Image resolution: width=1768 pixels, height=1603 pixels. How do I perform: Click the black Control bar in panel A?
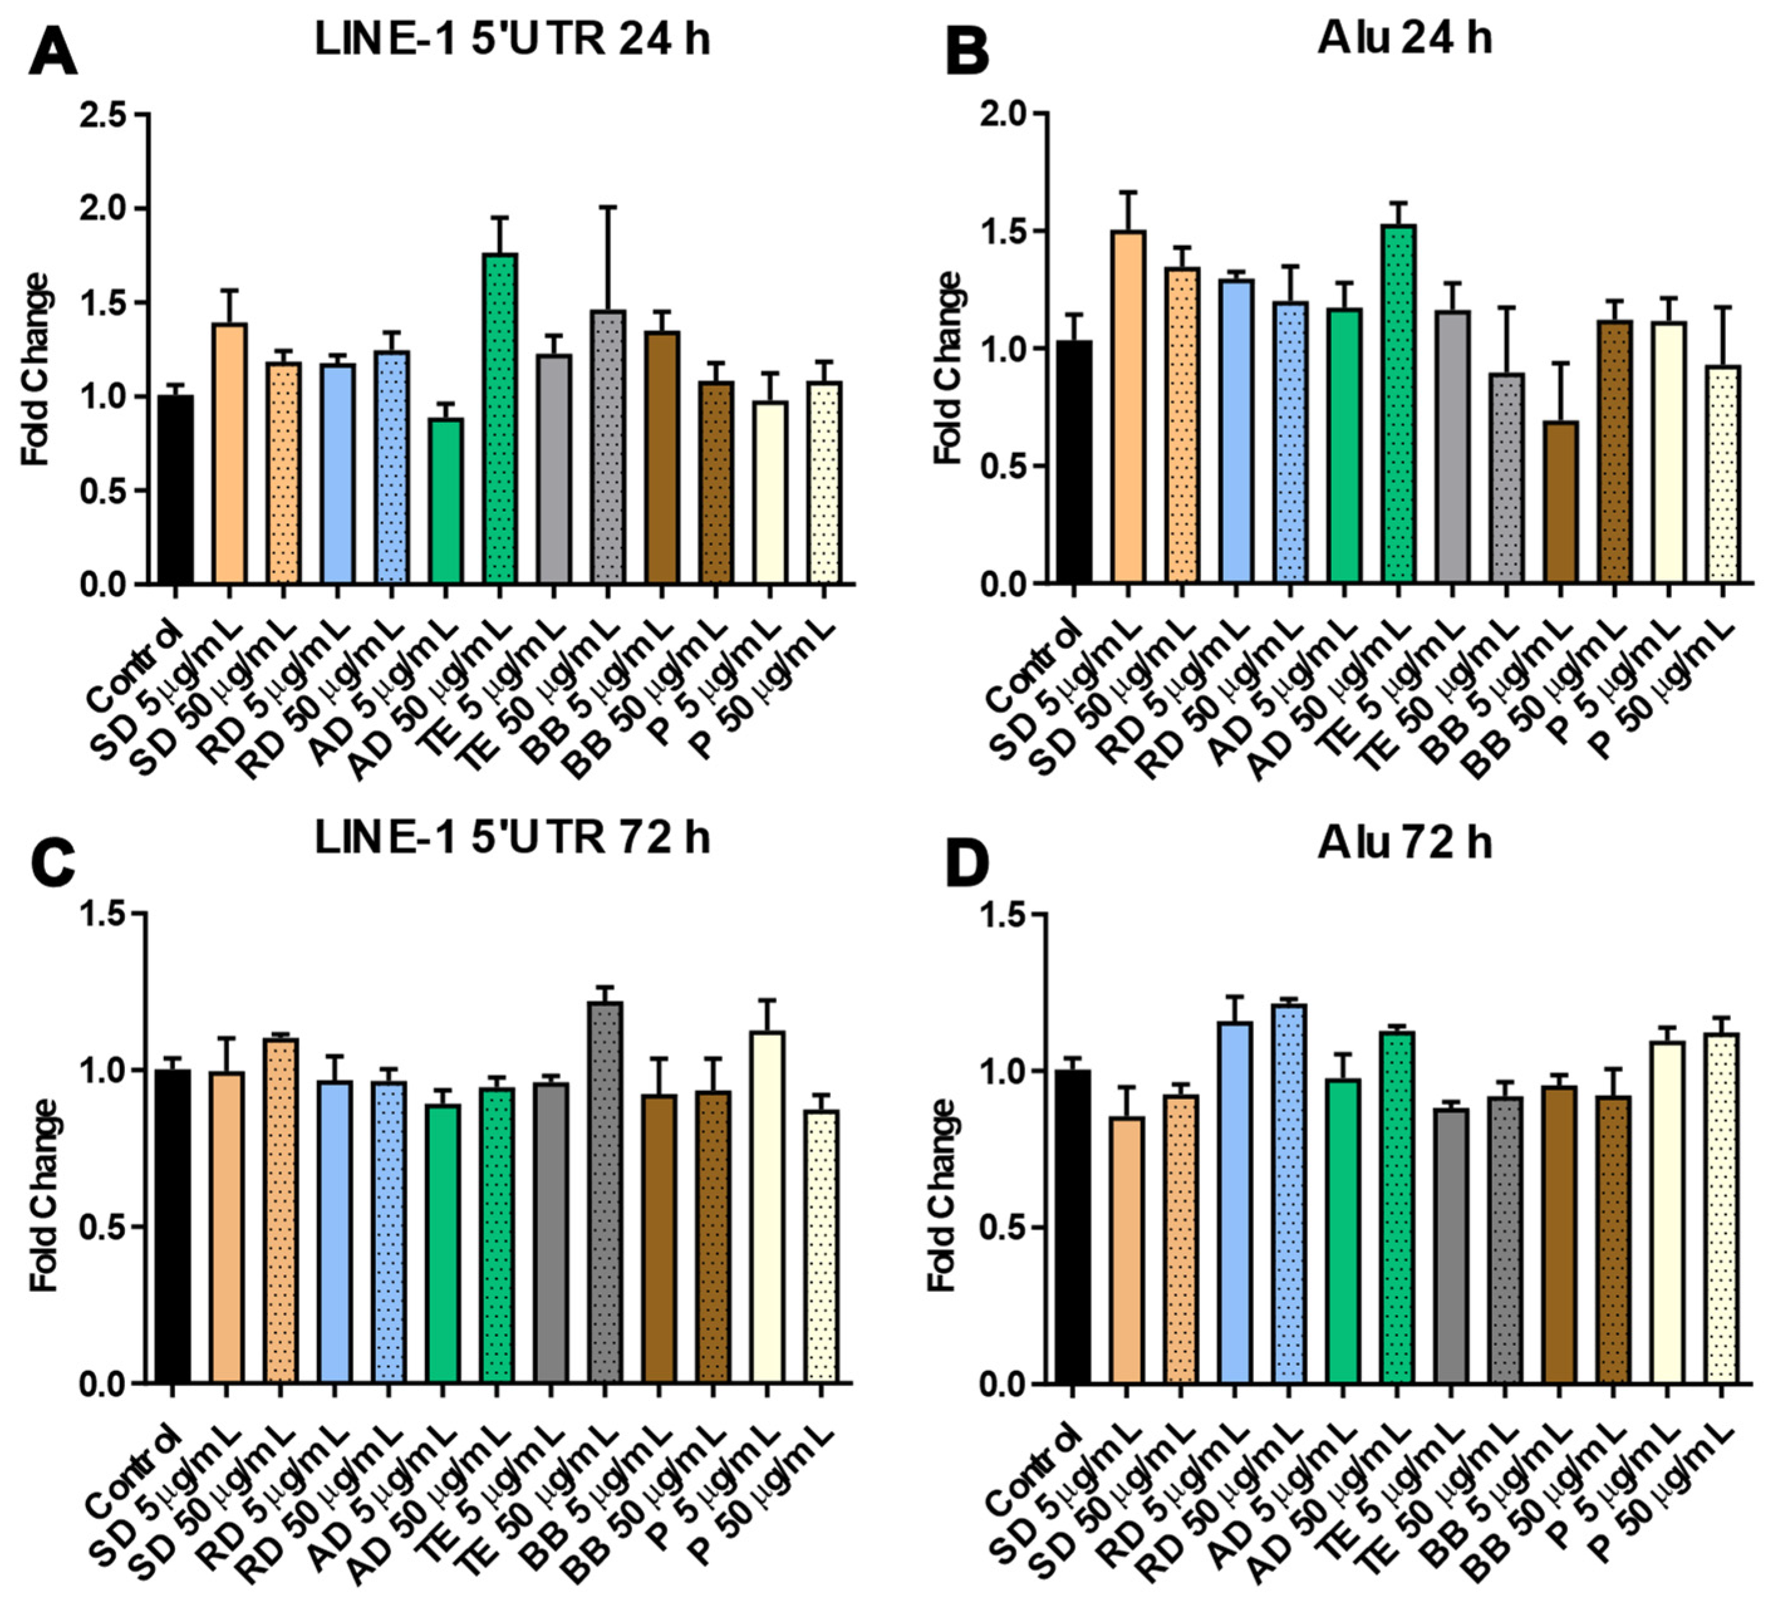pyautogui.click(x=175, y=489)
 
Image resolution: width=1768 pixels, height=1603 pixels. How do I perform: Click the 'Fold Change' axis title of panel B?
pyautogui.click(x=949, y=368)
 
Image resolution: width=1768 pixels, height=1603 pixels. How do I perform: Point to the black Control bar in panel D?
pyautogui.click(x=1072, y=1227)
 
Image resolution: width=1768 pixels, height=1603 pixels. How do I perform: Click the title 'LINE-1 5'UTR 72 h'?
pyautogui.click(x=513, y=839)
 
